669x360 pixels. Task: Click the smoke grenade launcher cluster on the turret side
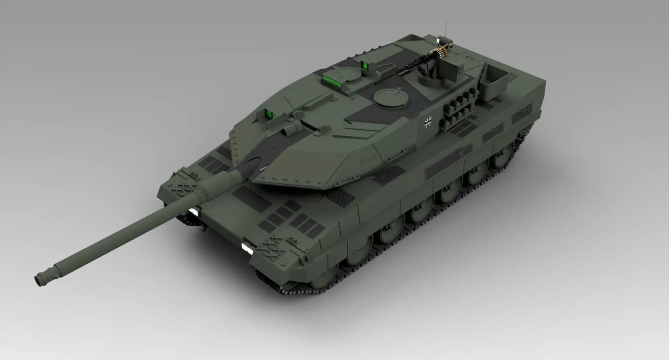click(x=459, y=109)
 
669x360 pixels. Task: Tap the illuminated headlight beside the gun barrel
click(x=194, y=212)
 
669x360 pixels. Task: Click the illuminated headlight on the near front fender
click(x=246, y=248)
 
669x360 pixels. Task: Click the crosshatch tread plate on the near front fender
click(x=273, y=247)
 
